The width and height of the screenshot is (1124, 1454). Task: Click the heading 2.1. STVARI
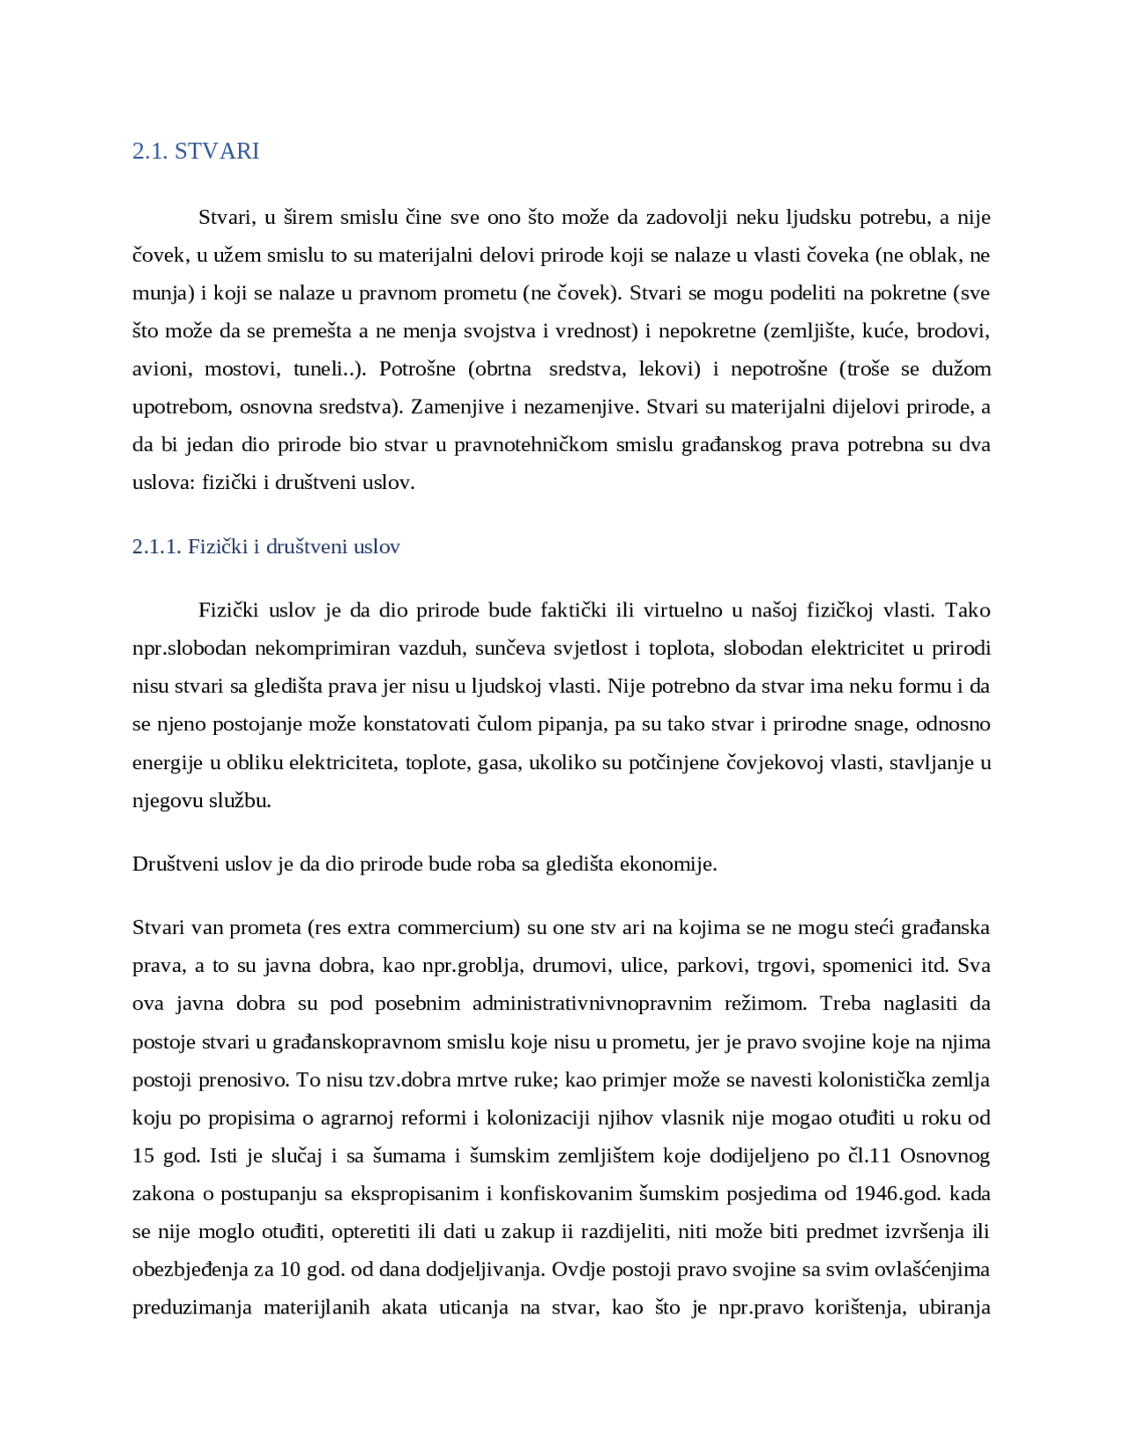tap(196, 151)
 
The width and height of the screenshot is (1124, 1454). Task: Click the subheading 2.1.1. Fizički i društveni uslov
tap(266, 547)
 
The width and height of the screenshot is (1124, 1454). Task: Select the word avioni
tap(160, 369)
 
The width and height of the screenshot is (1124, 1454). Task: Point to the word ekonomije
tap(668, 864)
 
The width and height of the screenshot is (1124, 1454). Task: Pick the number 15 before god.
tap(143, 1155)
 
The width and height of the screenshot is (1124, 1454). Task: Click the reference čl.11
tap(868, 1155)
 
